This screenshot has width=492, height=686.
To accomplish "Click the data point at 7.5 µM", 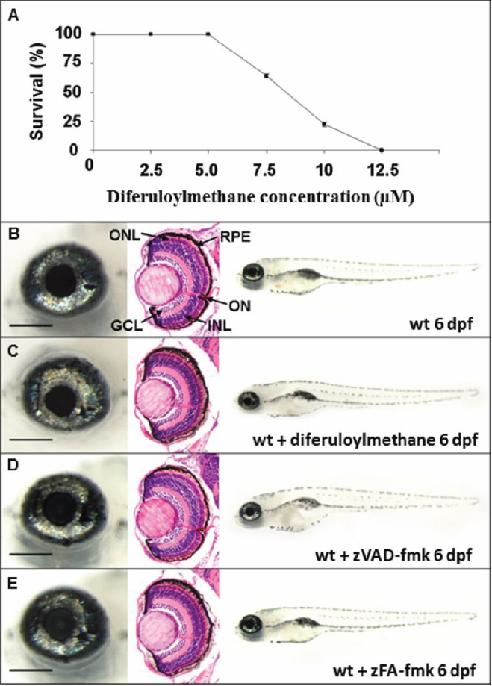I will [x=266, y=75].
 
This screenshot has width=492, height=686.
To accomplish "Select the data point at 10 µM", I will [x=324, y=124].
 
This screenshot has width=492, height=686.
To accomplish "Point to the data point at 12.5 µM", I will [x=382, y=149].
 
